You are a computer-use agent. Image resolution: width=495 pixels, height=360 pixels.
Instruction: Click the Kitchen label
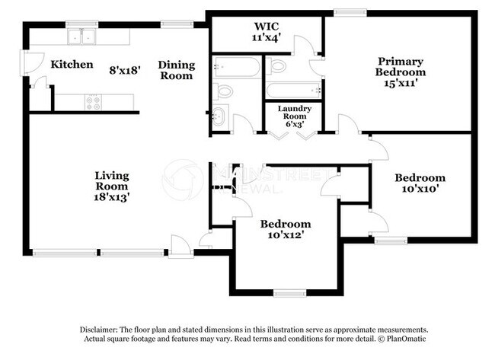tap(72, 65)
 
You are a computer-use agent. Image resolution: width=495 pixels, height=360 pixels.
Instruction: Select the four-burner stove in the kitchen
tap(94, 101)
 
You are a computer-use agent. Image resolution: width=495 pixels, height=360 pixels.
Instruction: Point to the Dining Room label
tap(177, 70)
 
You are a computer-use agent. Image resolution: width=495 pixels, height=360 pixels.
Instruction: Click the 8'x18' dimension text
tap(126, 70)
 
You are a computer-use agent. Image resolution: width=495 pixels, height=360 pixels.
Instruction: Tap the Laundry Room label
tap(294, 113)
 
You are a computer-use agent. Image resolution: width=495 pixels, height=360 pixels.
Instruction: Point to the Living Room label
tap(111, 180)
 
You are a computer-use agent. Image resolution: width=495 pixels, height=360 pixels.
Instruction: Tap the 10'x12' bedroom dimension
tap(286, 235)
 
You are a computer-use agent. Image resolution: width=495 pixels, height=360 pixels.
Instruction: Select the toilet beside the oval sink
tap(223, 92)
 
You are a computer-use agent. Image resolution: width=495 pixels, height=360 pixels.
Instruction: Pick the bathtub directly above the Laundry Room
tap(294, 91)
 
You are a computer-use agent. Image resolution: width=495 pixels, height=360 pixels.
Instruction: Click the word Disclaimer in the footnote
tap(101, 329)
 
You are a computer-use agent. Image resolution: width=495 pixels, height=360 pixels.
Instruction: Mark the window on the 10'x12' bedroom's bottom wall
tap(289, 292)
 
